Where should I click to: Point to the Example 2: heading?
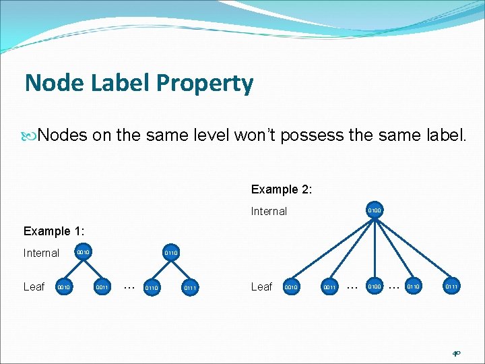pyautogui.click(x=281, y=189)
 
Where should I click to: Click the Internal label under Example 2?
pyautogui.click(x=269, y=211)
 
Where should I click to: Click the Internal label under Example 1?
pyautogui.click(x=41, y=253)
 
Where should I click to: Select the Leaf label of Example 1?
pyautogui.click(x=34, y=286)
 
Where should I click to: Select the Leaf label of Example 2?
pyautogui.click(x=261, y=286)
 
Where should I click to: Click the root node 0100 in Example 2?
pyautogui.click(x=375, y=211)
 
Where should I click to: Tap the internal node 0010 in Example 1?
pyautogui.click(x=83, y=253)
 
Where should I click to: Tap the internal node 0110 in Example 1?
pyautogui.click(x=171, y=253)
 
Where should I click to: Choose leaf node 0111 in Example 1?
pyautogui.click(x=191, y=288)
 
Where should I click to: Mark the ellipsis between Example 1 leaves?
pyautogui.click(x=129, y=286)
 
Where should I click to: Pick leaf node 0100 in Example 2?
pyautogui.click(x=374, y=287)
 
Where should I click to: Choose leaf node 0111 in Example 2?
pyautogui.click(x=451, y=287)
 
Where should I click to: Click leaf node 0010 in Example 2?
pyautogui.click(x=291, y=287)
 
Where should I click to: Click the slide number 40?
pyautogui.click(x=456, y=353)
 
